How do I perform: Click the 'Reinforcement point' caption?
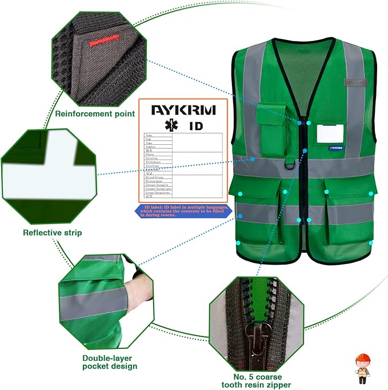point(95,113)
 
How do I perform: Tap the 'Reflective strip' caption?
point(52,232)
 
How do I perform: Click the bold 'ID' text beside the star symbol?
point(195,125)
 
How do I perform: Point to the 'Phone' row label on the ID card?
point(150,154)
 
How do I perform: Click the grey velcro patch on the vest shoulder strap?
point(354,84)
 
